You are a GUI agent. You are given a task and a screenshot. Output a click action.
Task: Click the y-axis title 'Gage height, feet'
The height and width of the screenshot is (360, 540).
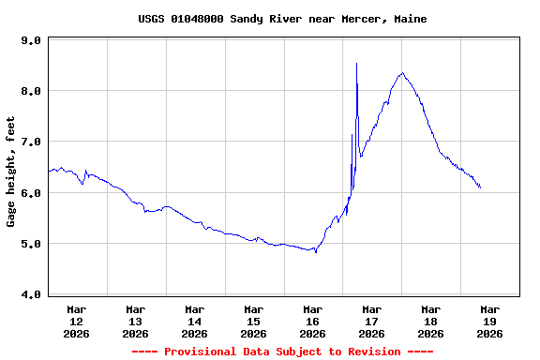tap(11, 172)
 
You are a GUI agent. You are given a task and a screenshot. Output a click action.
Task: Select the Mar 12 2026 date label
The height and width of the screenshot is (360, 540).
tap(77, 321)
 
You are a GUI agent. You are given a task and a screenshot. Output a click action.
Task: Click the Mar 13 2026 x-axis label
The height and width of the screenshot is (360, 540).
tap(136, 321)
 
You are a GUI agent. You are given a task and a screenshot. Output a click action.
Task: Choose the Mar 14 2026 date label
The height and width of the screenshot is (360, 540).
tap(195, 321)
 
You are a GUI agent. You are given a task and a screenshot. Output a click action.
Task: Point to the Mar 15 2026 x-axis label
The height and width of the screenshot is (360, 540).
tap(254, 321)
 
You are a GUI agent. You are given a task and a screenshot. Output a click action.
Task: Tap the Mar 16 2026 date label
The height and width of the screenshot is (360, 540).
tap(313, 321)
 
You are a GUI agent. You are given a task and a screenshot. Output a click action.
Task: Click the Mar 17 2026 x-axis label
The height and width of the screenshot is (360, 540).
tap(372, 321)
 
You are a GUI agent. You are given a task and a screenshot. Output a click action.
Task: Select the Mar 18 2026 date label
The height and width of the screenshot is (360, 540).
tap(431, 321)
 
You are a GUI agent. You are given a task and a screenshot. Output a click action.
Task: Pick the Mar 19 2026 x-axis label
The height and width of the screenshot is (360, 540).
tap(489, 321)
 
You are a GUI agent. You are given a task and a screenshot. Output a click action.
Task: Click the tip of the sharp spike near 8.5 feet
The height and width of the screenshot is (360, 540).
tap(356, 64)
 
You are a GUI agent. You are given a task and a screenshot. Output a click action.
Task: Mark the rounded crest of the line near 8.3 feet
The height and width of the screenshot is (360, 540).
tap(402, 73)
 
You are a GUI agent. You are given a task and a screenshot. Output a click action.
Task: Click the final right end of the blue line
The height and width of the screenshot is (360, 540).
tap(481, 187)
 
